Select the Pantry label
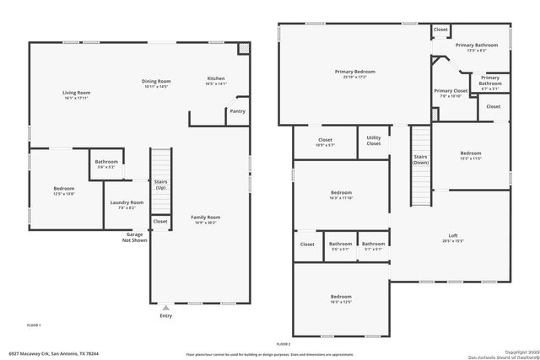click(x=237, y=110)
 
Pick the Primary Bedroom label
click(x=354, y=74)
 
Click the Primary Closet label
click(x=451, y=93)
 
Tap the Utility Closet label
click(x=373, y=142)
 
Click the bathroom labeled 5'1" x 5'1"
click(x=373, y=246)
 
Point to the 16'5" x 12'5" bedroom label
click(x=341, y=299)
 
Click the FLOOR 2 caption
click(x=283, y=345)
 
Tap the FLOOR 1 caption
click(x=34, y=325)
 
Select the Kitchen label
click(x=217, y=81)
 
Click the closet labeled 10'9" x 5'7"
click(x=326, y=142)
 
